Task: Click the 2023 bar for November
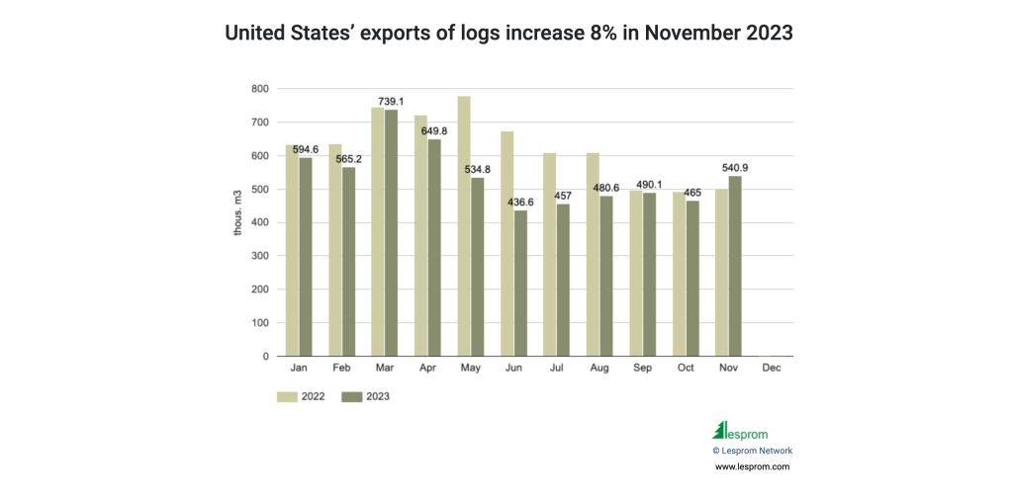tap(734, 266)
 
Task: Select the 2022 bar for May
tap(463, 226)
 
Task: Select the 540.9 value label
tap(734, 168)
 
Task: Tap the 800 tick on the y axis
tap(259, 89)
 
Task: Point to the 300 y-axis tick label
tap(259, 256)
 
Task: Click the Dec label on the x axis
tap(771, 368)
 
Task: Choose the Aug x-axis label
tap(598, 368)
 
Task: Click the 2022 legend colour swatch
tap(288, 396)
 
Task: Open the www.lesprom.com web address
tap(752, 466)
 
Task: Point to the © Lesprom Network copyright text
tap(752, 451)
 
